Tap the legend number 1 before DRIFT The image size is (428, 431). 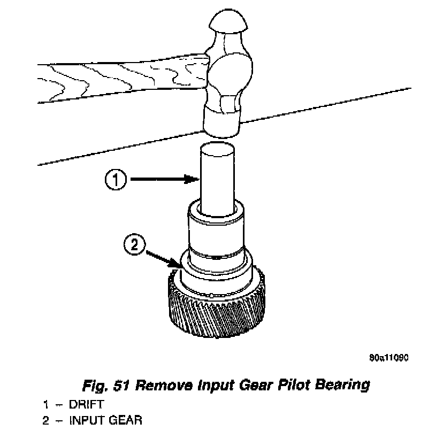(x=47, y=404)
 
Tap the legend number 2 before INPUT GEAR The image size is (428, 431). (x=47, y=420)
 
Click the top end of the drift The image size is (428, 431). (x=218, y=146)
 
